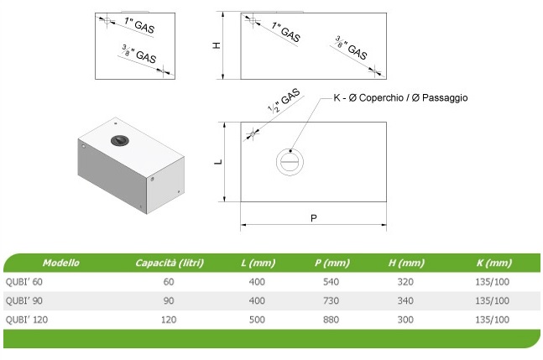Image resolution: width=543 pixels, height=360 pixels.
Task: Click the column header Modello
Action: [x=61, y=263]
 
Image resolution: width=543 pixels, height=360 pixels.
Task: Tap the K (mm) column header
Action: [x=493, y=263]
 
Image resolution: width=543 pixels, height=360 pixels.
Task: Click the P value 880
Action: [x=331, y=320]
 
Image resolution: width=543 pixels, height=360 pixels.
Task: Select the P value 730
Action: [x=331, y=301]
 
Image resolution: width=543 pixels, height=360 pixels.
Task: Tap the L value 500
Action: [x=257, y=320]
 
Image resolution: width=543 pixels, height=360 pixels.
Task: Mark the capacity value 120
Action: [x=169, y=320]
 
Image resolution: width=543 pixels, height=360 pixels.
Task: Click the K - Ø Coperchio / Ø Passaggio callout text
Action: [x=400, y=98]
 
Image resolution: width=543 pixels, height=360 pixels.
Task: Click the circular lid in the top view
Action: [x=288, y=161]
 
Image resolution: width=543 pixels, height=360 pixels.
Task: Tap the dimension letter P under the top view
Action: [x=313, y=218]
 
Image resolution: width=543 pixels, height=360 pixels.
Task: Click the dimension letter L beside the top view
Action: [x=217, y=162]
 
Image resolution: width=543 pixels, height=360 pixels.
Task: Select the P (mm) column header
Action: [x=331, y=263]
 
